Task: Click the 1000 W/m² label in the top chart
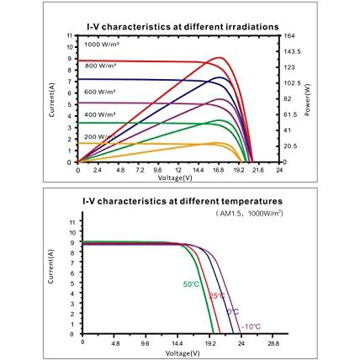pos(103,45)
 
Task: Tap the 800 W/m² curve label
pos(100,66)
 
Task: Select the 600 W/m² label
pos(100,92)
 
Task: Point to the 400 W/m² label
pos(100,114)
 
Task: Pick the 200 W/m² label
pos(100,137)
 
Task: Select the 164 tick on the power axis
pos(289,36)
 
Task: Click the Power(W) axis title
pos(308,100)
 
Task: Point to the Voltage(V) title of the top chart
pos(175,177)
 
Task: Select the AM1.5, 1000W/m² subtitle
pos(249,214)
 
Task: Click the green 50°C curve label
pos(191,284)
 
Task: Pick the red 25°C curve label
pos(217,296)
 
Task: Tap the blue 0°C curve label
pos(233,312)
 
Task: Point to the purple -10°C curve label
pos(251,326)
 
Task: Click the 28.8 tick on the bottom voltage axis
pos(273,343)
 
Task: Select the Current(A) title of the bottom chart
pos(50,267)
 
